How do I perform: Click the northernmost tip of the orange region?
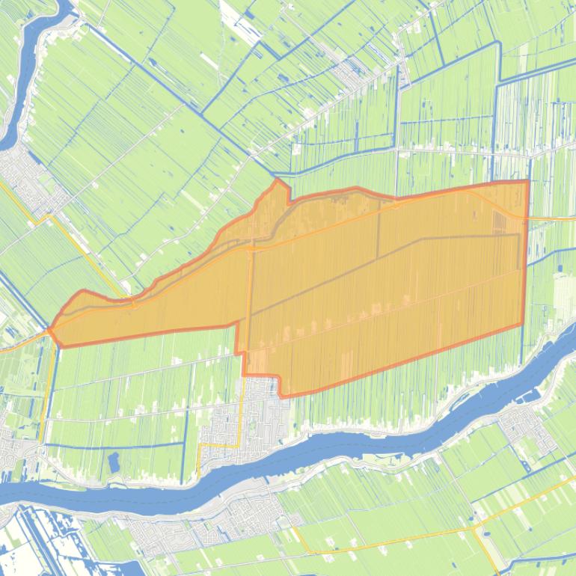click(278, 180)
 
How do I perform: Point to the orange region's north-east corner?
click(528, 181)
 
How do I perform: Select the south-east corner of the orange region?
click(522, 325)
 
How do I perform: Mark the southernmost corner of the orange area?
click(281, 396)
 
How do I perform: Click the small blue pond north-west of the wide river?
click(115, 462)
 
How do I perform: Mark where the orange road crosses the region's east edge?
click(526, 218)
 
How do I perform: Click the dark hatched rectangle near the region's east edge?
click(499, 222)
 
